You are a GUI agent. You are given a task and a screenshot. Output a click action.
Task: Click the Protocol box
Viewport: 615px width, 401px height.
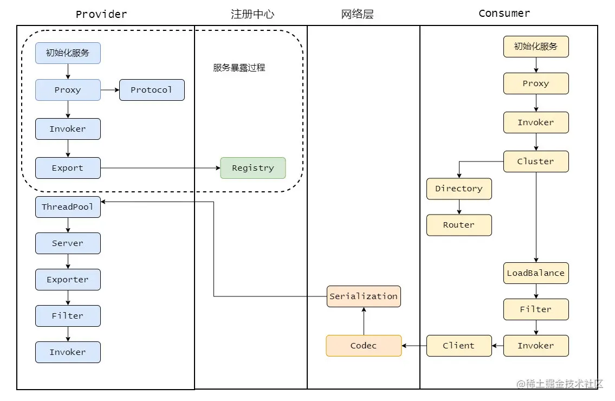coord(152,90)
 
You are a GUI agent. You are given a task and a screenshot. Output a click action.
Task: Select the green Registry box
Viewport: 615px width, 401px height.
coord(253,168)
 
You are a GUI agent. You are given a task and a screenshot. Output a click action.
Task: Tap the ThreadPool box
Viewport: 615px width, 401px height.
coord(68,207)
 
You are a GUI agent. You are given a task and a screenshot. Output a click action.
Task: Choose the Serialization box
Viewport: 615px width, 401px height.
coord(364,296)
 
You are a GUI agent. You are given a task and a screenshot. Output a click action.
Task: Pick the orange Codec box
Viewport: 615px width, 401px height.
coord(364,346)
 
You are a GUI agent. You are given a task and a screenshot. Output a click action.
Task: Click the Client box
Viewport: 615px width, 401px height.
coord(459,346)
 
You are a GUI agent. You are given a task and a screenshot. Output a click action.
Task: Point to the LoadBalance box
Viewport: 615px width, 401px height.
coord(536,273)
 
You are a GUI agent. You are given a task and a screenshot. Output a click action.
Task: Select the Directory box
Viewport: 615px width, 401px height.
coord(459,189)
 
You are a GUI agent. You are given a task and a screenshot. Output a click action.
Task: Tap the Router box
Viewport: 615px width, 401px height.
coord(459,225)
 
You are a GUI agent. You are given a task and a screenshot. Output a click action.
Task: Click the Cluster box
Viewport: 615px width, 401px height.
coord(536,161)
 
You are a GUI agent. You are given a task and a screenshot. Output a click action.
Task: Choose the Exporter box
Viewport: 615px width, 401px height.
coord(68,280)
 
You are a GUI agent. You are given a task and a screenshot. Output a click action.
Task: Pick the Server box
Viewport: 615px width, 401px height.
coord(68,243)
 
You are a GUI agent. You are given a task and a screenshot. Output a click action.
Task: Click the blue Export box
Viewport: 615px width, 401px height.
coord(68,168)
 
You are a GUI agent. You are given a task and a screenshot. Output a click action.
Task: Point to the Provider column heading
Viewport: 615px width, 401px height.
coord(101,14)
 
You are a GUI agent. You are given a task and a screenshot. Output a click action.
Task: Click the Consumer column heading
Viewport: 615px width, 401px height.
coord(504,14)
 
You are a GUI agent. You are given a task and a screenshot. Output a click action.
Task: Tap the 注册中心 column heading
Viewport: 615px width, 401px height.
coord(253,14)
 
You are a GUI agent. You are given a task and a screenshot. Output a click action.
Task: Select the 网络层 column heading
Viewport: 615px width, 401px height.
coord(357,14)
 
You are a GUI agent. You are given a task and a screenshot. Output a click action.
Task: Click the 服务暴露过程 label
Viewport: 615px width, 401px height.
coord(239,68)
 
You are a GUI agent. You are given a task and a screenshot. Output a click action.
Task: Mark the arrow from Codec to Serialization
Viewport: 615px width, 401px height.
coord(364,321)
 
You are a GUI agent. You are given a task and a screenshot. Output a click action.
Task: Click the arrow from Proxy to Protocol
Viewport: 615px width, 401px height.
coord(110,90)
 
